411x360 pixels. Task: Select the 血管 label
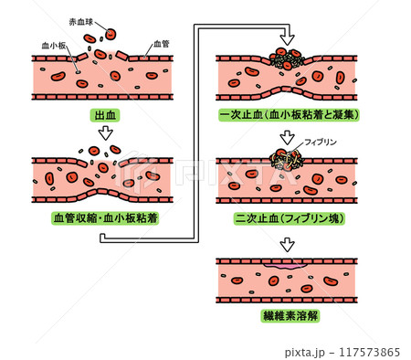point(161,43)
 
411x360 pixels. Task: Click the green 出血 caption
point(106,115)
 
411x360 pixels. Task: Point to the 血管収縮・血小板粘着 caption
point(105,217)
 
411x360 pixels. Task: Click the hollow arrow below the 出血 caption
point(106,133)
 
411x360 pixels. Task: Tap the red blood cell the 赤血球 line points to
point(111,35)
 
